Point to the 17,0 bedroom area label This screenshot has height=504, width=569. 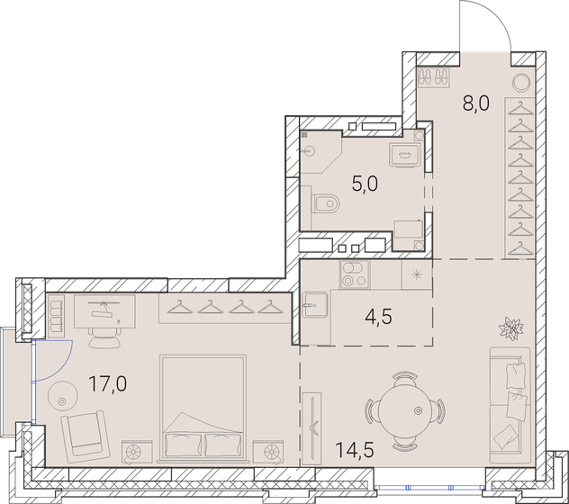pos(107,385)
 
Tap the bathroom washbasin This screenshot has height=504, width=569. pos(402,154)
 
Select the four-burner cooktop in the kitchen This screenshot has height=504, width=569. pos(353,275)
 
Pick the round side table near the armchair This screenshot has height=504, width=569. pos(63,393)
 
